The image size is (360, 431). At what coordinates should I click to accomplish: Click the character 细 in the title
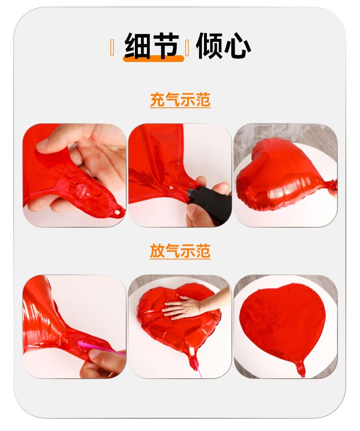tap(137, 46)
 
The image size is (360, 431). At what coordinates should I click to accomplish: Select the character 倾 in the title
tap(209, 46)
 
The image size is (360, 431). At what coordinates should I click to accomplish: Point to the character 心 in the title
tap(237, 46)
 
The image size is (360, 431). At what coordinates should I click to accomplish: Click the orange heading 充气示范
tap(180, 99)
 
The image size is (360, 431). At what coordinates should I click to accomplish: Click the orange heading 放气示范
tap(180, 251)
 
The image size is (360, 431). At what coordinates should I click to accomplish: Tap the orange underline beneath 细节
tap(153, 59)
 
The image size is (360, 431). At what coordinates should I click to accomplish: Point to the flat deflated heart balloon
tap(283, 324)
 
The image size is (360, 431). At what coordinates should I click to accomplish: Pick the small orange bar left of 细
tap(112, 48)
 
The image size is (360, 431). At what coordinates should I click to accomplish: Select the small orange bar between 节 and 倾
tap(187, 48)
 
